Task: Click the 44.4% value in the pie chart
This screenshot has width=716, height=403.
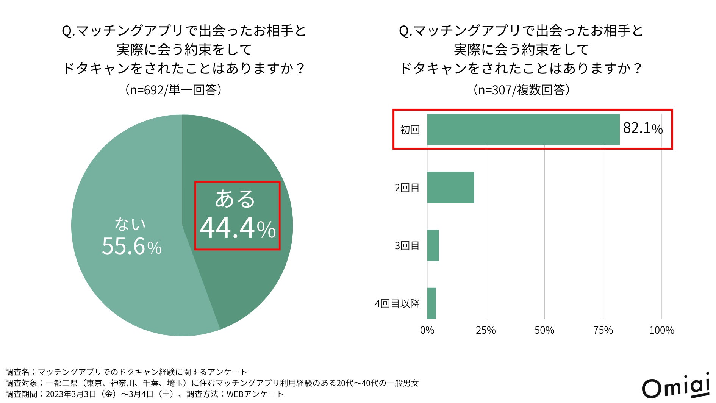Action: (x=238, y=228)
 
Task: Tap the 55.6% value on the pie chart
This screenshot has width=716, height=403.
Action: (x=131, y=247)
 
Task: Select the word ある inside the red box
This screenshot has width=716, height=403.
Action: (x=235, y=199)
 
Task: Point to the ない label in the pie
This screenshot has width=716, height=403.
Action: (x=130, y=224)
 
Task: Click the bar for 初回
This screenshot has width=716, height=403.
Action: (x=523, y=130)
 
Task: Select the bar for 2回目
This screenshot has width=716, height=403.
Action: (x=450, y=187)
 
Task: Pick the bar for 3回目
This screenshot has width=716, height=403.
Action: (x=433, y=245)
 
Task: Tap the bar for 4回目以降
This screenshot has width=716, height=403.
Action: (x=431, y=303)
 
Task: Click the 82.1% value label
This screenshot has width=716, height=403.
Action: (x=643, y=128)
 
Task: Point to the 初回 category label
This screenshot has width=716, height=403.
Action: (x=410, y=130)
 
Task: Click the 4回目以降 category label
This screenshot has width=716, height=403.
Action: (x=397, y=304)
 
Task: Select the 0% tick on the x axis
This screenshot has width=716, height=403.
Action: (x=427, y=330)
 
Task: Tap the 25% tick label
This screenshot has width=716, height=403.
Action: (x=486, y=330)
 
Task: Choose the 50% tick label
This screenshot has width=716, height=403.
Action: (x=544, y=330)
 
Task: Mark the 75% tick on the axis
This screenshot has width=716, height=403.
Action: (x=603, y=330)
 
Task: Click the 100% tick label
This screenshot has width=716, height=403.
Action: (x=661, y=330)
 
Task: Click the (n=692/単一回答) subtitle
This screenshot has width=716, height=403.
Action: (x=173, y=90)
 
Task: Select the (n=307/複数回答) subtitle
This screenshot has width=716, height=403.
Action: (x=522, y=90)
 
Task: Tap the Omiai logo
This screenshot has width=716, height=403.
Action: (x=675, y=386)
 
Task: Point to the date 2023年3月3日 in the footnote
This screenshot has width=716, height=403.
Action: (x=71, y=394)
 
